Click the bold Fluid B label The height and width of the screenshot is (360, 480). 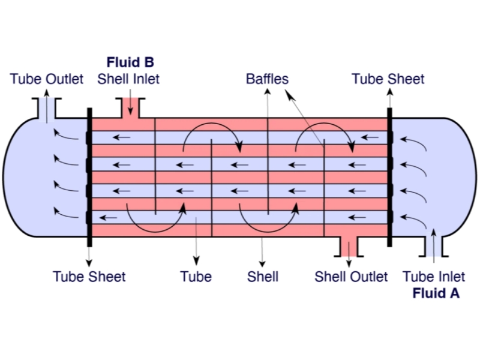point(130,62)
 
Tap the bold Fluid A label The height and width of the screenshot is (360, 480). point(436,293)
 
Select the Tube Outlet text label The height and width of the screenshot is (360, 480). point(47,79)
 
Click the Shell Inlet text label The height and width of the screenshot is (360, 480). point(128,79)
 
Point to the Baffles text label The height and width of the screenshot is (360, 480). point(267,79)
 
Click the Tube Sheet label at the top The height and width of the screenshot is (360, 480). point(388,79)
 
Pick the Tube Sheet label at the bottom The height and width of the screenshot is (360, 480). point(89,277)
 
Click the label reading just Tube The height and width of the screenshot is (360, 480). point(196,277)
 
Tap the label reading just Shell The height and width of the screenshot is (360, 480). point(263,277)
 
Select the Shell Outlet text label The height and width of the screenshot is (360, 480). point(351,277)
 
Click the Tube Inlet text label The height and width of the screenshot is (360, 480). point(434,277)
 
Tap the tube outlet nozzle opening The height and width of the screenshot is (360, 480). point(46,108)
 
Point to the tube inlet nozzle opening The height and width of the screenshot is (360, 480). point(434,245)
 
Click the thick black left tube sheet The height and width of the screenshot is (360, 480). point(89,177)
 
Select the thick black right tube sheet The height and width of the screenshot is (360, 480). point(389,177)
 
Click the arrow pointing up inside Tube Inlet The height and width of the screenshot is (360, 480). point(434,243)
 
